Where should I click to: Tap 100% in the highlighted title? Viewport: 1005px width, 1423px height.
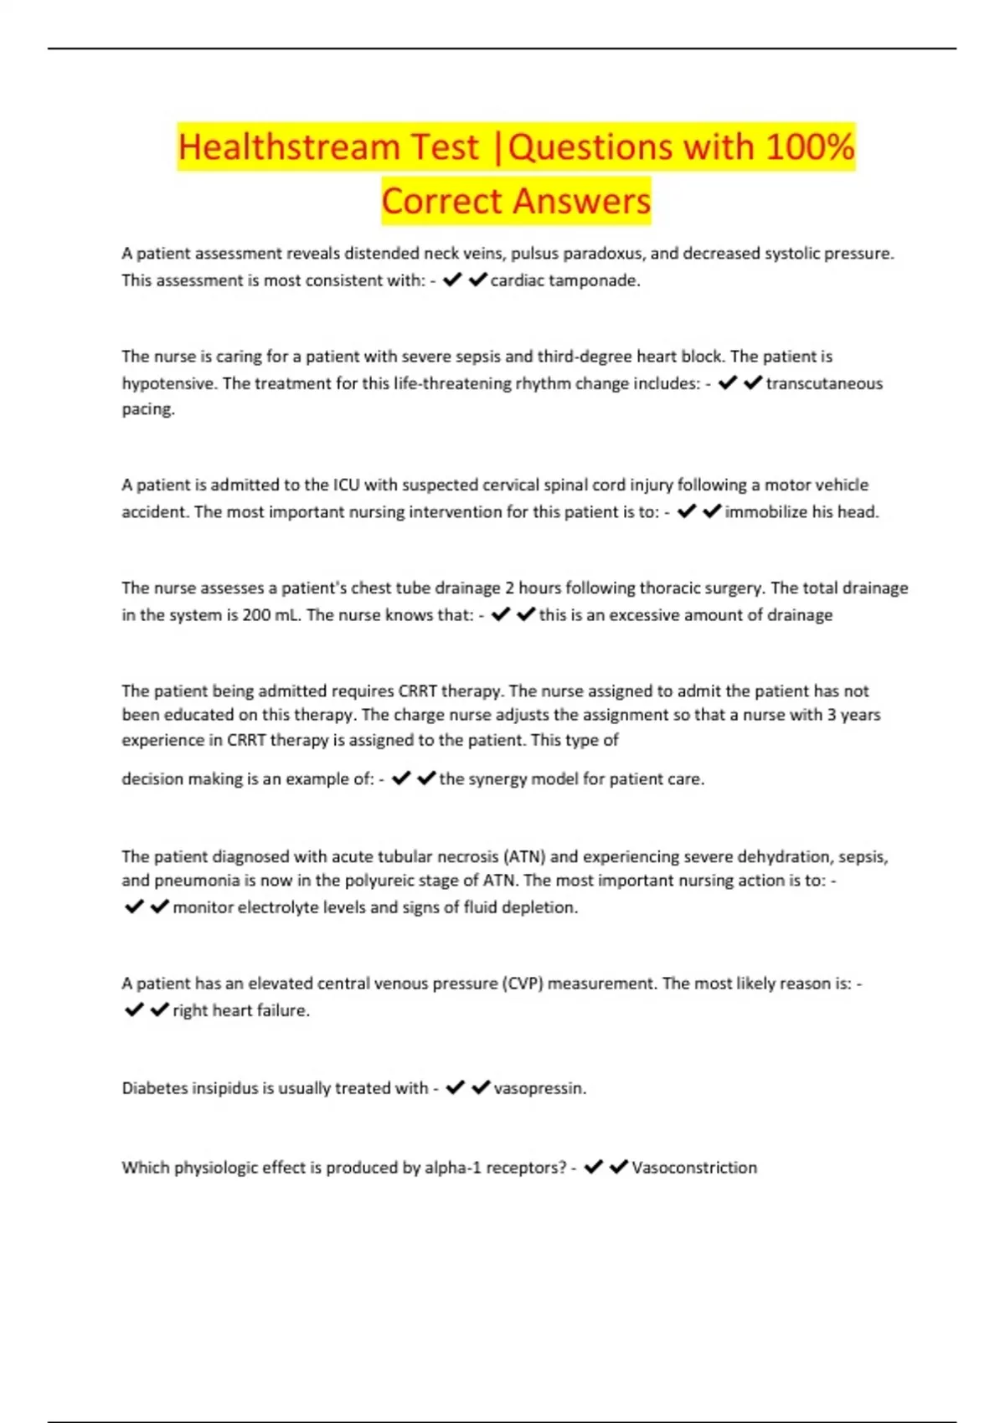coord(809,147)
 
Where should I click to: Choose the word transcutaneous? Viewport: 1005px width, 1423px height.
coord(824,383)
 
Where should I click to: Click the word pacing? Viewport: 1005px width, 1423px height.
coord(147,409)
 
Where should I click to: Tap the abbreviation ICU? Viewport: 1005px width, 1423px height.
coord(346,485)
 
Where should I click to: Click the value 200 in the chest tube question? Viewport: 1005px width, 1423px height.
coord(255,614)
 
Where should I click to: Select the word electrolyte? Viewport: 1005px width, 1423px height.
coord(276,907)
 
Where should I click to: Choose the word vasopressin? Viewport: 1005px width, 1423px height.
coord(539,1088)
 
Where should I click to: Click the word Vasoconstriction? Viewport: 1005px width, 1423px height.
coord(694,1168)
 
